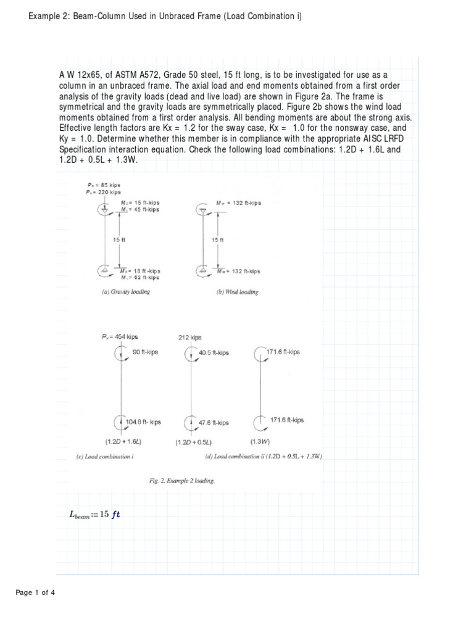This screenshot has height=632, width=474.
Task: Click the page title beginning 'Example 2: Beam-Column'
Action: coord(165,15)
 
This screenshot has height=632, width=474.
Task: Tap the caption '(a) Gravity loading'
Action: coord(125,292)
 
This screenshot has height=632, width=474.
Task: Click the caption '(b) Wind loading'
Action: coord(237,292)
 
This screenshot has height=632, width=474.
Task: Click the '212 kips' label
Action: coord(189,338)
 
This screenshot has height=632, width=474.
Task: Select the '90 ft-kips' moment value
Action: coord(145,352)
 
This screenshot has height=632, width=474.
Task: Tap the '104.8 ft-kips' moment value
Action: coord(143,422)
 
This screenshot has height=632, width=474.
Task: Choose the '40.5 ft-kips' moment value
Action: coord(214,352)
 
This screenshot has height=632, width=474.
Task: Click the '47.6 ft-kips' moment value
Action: coord(214,423)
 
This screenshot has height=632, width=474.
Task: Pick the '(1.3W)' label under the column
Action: coord(259,442)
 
